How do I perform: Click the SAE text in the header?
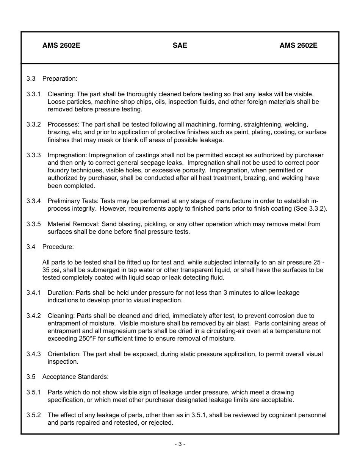click(x=180, y=45)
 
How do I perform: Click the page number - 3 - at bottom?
click(x=180, y=444)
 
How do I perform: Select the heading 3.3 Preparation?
click(x=52, y=78)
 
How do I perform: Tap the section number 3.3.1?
click(x=33, y=94)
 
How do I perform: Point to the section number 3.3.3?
click(x=33, y=155)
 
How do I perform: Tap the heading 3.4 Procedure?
click(x=50, y=247)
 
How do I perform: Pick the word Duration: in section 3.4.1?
click(x=61, y=292)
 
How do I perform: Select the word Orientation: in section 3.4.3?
click(x=64, y=354)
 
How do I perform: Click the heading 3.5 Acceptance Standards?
click(x=67, y=377)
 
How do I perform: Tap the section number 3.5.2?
click(x=33, y=415)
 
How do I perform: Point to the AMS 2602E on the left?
click(x=61, y=45)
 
